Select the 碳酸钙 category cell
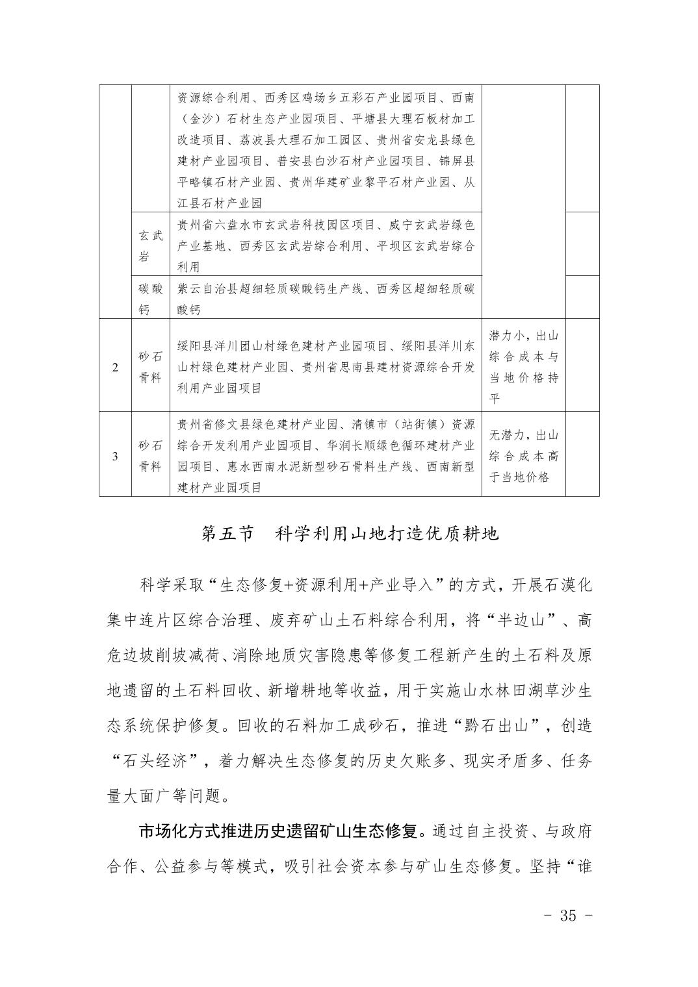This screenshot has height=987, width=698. (151, 298)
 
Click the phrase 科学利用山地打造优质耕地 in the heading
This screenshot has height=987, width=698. (387, 533)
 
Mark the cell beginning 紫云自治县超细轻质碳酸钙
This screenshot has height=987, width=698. (326, 298)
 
